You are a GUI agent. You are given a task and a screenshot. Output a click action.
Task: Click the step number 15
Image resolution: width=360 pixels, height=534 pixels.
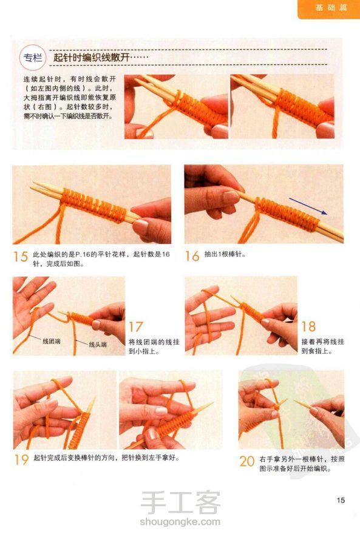click(21, 256)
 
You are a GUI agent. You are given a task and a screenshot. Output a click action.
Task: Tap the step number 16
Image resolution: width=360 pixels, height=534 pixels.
click(192, 256)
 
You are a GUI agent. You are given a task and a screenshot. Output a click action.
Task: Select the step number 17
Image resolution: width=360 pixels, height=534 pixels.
click(135, 327)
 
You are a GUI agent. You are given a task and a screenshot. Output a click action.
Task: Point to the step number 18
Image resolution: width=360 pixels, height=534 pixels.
click(308, 326)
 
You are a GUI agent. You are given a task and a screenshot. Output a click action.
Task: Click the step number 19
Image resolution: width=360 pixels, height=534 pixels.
click(21, 459)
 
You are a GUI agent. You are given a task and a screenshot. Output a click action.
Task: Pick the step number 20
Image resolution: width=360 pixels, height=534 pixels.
click(247, 461)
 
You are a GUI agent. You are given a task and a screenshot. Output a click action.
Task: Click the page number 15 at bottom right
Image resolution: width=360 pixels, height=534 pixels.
click(341, 500)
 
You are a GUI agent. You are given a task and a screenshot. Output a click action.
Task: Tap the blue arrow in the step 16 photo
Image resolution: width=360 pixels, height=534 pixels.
click(308, 206)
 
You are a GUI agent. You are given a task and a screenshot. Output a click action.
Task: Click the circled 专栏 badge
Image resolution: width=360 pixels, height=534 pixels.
click(33, 58)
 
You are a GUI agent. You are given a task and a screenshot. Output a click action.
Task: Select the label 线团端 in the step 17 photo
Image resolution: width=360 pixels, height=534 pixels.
click(52, 341)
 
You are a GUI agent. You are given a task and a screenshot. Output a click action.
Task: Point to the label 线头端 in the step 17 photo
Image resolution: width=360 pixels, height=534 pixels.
click(98, 344)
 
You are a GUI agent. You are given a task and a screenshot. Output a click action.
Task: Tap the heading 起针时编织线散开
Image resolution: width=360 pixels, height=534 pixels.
click(91, 57)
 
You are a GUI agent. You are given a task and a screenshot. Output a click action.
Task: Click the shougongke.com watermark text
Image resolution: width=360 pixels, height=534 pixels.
click(180, 521)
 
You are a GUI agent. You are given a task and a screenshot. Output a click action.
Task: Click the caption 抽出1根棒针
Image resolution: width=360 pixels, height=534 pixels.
click(225, 254)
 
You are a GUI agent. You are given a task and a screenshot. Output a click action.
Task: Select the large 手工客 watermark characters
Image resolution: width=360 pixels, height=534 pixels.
click(180, 502)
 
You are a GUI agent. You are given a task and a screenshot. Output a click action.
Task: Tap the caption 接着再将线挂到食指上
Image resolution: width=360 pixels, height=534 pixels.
click(323, 346)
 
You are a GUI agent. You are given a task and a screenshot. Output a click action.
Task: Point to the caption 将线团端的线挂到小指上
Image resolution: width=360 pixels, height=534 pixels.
click(154, 346)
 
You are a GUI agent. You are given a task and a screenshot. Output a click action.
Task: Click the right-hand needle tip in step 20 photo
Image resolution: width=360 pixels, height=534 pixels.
click(295, 402)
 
